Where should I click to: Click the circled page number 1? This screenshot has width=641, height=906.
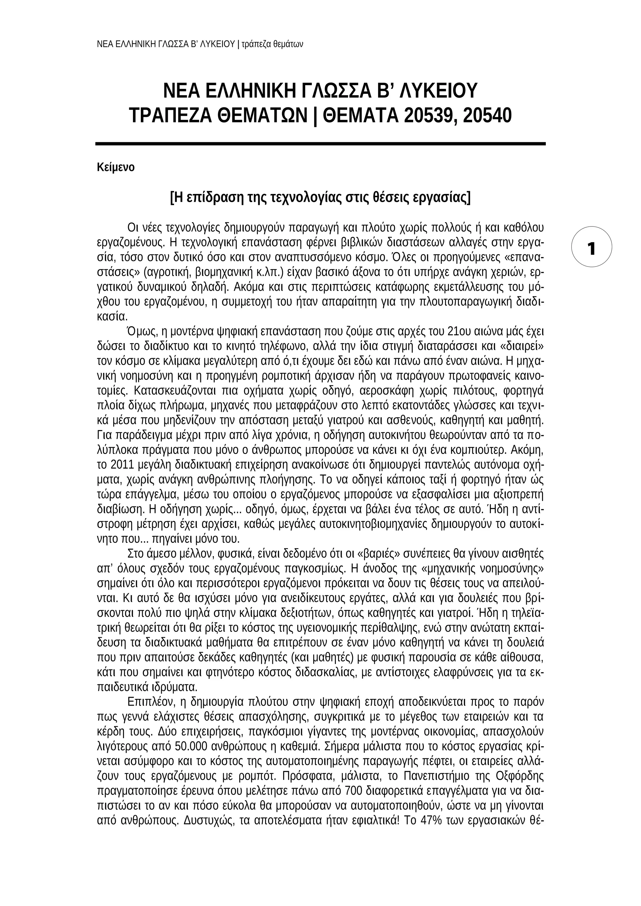coord(592,249)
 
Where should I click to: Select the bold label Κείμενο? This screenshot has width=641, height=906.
coord(115,167)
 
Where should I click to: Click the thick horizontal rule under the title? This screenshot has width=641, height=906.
coord(320,144)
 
